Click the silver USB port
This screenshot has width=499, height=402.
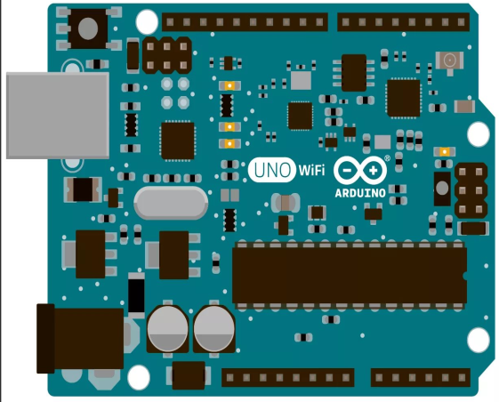tap(58, 116)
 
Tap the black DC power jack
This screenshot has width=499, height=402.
tap(80, 339)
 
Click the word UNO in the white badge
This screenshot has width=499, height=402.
tap(272, 170)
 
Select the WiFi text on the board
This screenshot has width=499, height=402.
tap(311, 170)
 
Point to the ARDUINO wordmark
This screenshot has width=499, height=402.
tap(360, 193)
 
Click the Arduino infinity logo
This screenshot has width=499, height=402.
tap(360, 170)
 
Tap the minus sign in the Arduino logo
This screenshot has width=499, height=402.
tap(347, 170)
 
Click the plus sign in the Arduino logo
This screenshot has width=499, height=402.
tap(373, 171)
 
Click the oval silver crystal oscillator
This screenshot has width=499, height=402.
tap(171, 203)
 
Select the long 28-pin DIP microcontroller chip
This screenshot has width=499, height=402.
tap(350, 275)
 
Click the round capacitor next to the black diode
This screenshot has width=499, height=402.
tap(167, 328)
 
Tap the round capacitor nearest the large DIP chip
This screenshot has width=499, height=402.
tap(213, 328)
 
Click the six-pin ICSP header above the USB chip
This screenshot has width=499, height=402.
tap(167, 55)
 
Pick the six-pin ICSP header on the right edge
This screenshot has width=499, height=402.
tap(471, 190)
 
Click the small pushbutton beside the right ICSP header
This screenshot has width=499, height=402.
tap(442, 189)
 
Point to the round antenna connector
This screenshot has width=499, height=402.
tap(449, 60)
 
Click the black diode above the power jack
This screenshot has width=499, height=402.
tap(136, 295)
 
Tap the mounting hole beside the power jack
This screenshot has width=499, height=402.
tap(139, 377)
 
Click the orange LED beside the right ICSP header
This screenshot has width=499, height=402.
tap(444, 152)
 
